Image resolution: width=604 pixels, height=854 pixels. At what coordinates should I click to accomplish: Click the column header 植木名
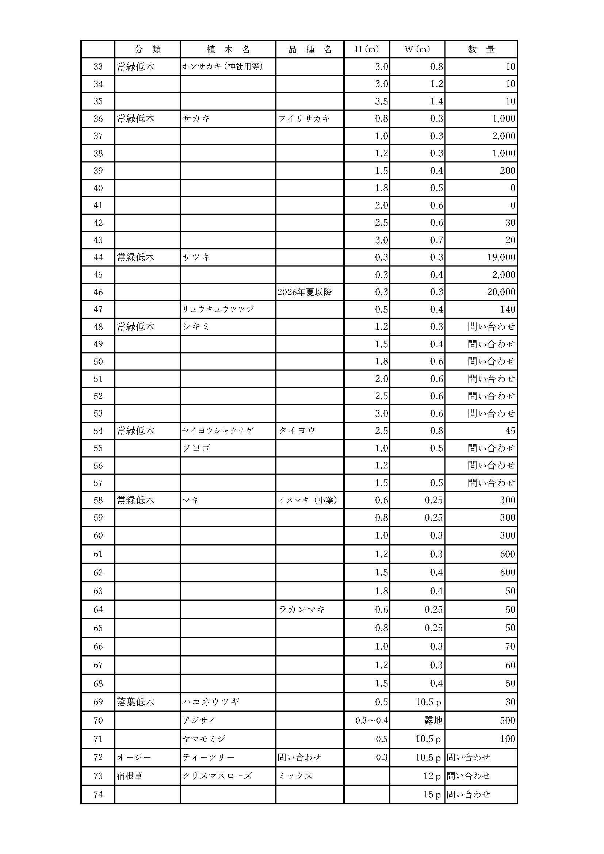coord(228,49)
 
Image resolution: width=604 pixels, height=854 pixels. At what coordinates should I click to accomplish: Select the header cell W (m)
coord(417,49)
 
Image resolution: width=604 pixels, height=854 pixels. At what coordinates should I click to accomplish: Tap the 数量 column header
coord(481,49)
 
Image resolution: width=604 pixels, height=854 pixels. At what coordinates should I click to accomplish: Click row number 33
coord(98,67)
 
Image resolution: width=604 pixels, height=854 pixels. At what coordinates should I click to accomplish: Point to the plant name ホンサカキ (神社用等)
coord(222,67)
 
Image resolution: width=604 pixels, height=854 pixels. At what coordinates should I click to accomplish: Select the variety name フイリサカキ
coord(304,119)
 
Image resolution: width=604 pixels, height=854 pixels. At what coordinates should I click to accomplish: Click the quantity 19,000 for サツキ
coord(501,257)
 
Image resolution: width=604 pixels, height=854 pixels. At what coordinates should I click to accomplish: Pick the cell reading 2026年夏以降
coord(305,292)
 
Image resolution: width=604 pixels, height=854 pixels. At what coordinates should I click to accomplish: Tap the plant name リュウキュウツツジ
coord(218,310)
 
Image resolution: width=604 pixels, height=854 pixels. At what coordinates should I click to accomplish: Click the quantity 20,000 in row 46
coord(501,292)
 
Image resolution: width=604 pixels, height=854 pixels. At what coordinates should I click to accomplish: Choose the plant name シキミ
coord(196,327)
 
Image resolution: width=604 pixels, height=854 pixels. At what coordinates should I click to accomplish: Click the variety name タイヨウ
coord(297,431)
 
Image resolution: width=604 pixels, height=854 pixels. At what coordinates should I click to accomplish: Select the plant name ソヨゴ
coord(196,448)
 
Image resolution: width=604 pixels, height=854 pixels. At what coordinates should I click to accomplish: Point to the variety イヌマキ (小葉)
coord(308,500)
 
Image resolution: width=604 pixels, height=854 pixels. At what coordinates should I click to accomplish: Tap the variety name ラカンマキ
coord(302,609)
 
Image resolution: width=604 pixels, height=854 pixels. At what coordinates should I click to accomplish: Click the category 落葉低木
coord(135,702)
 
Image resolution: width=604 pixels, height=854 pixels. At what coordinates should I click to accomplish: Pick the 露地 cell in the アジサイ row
coord(433,720)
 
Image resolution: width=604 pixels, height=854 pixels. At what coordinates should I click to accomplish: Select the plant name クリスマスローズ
coord(217,776)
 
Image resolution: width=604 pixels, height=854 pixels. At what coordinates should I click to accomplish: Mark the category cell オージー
coord(134,757)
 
